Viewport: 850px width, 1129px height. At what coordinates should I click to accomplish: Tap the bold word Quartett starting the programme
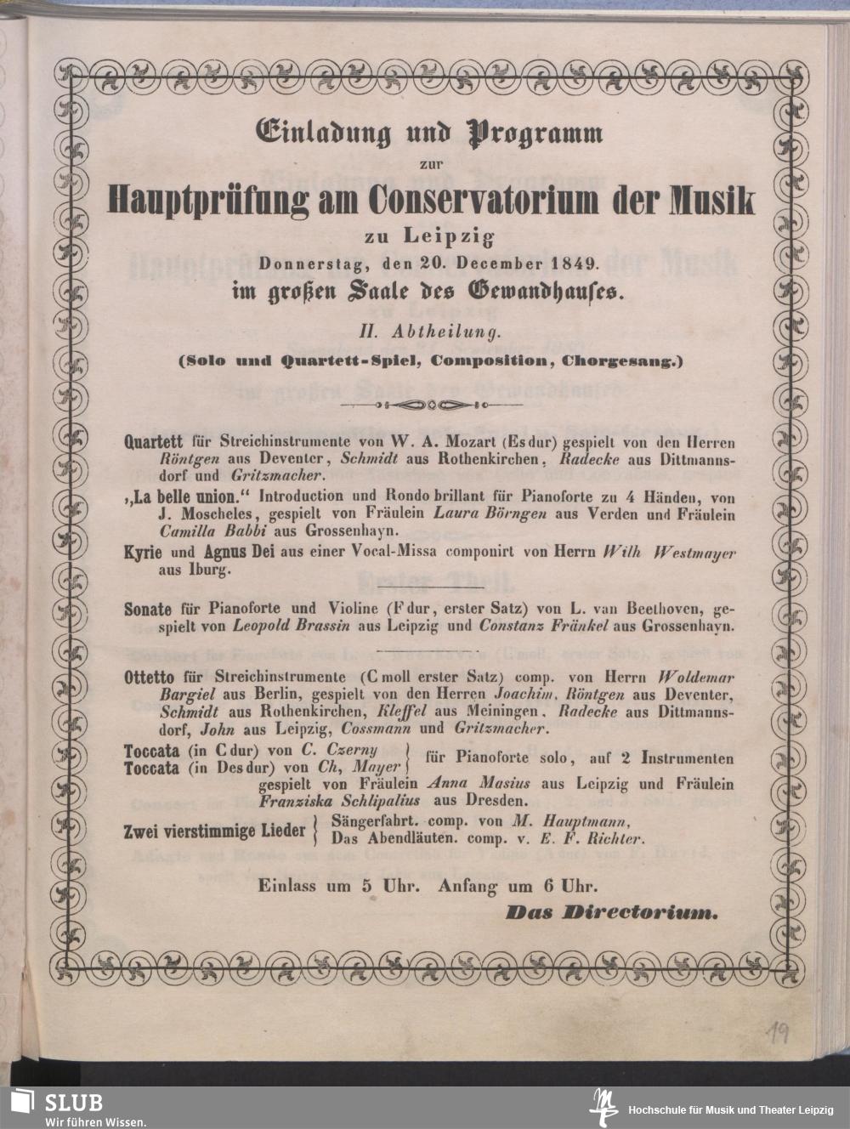pyautogui.click(x=151, y=443)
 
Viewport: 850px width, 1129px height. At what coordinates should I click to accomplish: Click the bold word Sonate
pyautogui.click(x=148, y=610)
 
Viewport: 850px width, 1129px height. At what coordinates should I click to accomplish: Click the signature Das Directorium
pyautogui.click(x=612, y=913)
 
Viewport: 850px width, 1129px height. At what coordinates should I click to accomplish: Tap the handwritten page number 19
pyautogui.click(x=776, y=1032)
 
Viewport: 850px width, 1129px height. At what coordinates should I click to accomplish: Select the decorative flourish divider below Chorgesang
pyautogui.click(x=429, y=405)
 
